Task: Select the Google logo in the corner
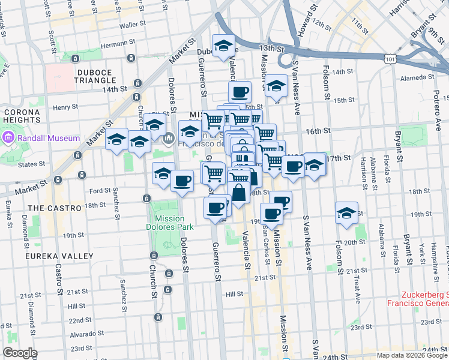pos(20,353)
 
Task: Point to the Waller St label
pos(128,26)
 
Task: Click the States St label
pos(28,164)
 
